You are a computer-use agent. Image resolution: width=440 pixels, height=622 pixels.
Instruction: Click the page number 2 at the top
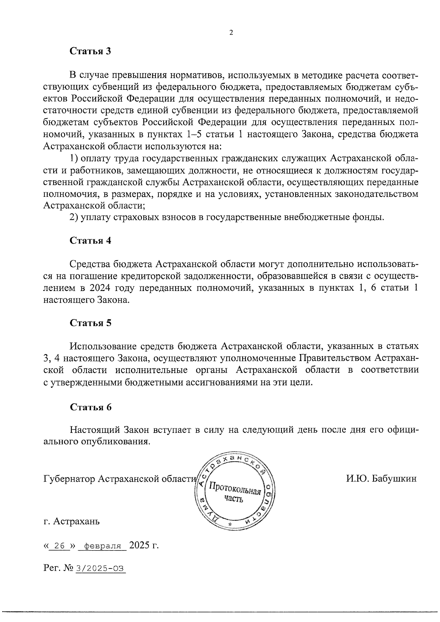[231, 33]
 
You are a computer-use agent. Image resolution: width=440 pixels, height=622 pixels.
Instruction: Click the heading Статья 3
[91, 51]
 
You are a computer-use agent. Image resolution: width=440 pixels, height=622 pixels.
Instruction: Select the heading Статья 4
[91, 241]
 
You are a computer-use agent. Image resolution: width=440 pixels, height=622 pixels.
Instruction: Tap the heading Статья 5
[91, 323]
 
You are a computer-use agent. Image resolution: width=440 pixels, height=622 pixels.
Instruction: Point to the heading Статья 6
[91, 407]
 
